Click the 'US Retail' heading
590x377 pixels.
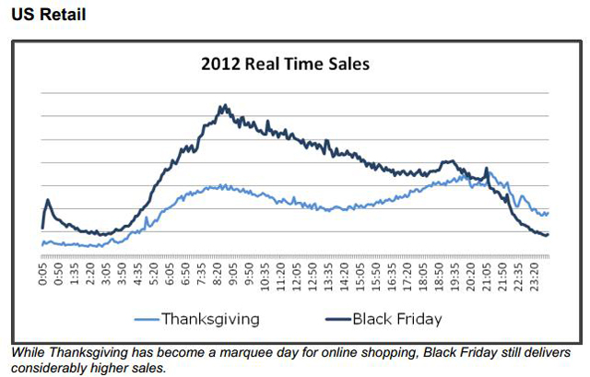(49, 16)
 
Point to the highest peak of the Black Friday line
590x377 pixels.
(223, 105)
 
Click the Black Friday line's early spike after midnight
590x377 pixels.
(48, 200)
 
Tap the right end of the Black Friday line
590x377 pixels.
(548, 234)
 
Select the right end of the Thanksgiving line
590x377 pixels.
(548, 213)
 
